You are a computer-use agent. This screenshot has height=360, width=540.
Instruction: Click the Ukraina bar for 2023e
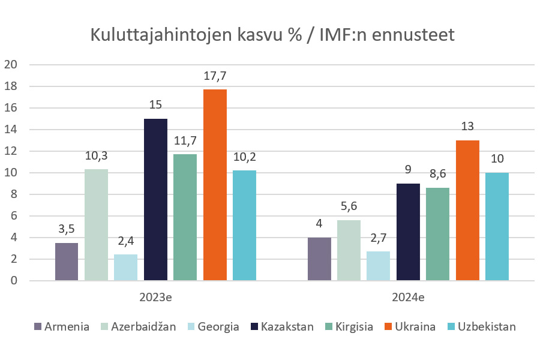point(215,185)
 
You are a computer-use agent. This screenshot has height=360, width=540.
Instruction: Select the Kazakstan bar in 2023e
point(155,199)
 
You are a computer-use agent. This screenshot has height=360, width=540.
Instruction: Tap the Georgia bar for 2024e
point(378,266)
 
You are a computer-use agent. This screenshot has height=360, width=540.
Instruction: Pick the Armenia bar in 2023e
point(67,262)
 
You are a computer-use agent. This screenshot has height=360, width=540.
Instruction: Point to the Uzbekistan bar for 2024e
point(497,226)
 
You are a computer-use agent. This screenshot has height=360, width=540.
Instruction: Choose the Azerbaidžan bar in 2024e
point(349,250)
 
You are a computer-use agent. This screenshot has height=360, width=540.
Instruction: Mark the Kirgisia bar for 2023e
point(185,217)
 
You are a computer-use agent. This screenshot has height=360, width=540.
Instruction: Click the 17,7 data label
point(215,76)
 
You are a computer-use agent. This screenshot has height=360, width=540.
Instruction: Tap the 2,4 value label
point(125,241)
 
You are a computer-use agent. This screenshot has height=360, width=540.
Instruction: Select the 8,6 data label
point(437,175)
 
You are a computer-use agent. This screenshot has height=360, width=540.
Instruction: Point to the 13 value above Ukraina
point(467,127)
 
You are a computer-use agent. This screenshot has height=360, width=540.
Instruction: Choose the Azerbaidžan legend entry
point(139,326)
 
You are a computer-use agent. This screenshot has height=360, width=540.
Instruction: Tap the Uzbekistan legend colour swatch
point(452,327)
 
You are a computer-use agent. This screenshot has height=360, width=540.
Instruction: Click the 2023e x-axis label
point(155,296)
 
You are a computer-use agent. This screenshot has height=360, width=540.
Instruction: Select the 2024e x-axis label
point(408,296)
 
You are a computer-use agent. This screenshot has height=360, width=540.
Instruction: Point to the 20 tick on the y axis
point(11,65)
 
